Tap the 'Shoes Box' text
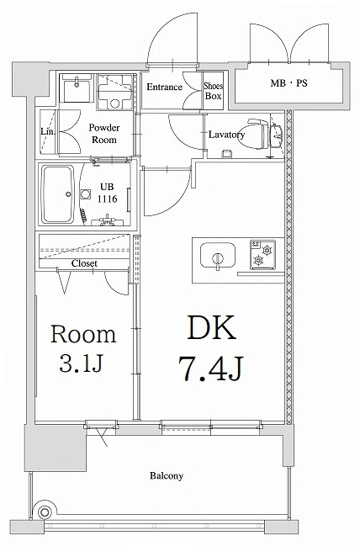click(214, 90)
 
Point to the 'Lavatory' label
click(226, 135)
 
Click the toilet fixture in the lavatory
click(272, 133)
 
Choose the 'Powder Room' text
click(104, 134)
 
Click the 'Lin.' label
click(48, 131)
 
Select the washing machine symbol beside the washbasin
click(115, 90)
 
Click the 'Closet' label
click(84, 263)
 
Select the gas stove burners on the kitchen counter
click(266, 256)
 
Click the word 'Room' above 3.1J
click(83, 334)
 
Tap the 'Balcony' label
click(167, 476)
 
